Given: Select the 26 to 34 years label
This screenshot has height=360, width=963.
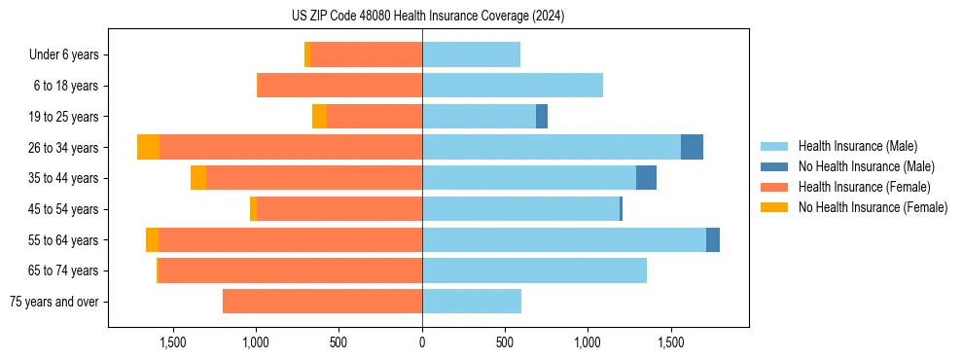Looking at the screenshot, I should click(x=65, y=147).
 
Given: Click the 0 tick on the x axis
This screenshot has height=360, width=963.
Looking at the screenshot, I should click(x=422, y=342).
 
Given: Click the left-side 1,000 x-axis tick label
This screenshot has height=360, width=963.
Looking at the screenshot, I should click(x=256, y=342).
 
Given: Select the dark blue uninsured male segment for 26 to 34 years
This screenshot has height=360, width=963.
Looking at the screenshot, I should click(x=692, y=147).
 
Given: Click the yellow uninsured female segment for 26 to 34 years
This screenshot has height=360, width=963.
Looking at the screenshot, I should click(x=148, y=147).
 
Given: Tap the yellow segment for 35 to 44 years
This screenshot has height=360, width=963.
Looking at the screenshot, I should click(x=198, y=178).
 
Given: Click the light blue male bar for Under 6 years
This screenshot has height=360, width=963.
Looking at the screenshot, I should click(x=471, y=54).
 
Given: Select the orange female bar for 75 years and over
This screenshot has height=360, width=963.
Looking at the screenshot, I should click(x=322, y=302).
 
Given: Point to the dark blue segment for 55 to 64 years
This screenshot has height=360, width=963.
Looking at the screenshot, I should click(x=713, y=239).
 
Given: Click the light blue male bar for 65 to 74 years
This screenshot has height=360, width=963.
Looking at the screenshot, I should click(x=534, y=270).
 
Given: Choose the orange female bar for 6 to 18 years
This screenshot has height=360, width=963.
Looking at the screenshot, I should click(x=339, y=86).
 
